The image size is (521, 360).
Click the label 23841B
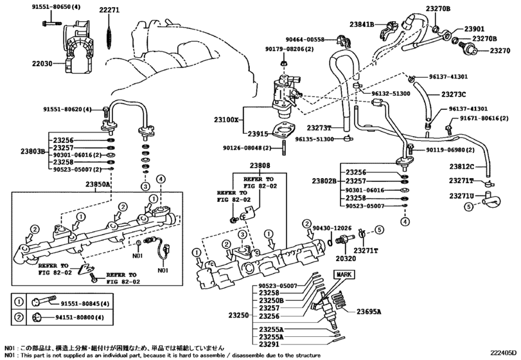361,25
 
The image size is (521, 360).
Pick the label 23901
474,29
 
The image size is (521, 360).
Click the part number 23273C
454,94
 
